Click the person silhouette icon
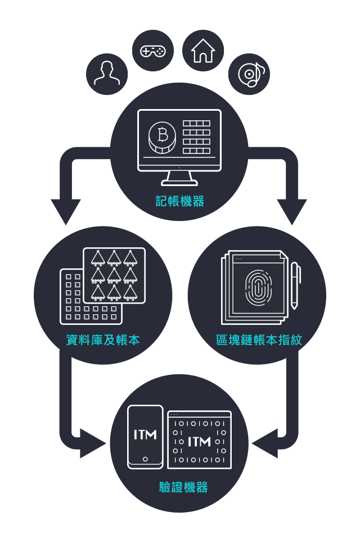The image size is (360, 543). tap(107, 74)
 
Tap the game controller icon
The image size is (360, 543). tap(152, 51)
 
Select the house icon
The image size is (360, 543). tap(203, 51)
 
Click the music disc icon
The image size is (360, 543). tap(249, 74)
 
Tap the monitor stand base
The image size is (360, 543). tap(179, 181)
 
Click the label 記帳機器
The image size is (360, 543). tap(180, 201)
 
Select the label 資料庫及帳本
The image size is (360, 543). tap(103, 340)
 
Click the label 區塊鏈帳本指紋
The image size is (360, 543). tap(259, 340)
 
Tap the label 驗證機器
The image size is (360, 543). tap(183, 487)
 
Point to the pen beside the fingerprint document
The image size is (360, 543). tap(295, 285)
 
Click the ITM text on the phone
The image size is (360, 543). tap(145, 435)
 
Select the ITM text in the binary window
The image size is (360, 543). tap(199, 441)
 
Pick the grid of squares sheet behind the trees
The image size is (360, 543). tap(73, 304)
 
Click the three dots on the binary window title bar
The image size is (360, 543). tap(174, 414)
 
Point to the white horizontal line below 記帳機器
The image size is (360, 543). tap(179, 223)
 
